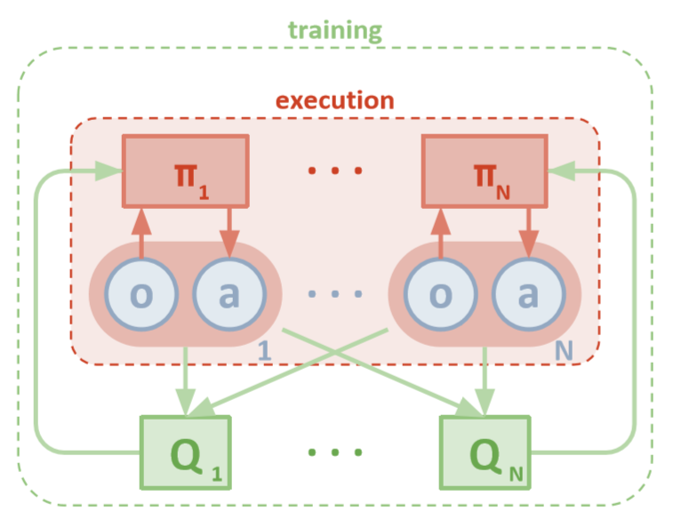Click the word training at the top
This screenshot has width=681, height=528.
point(335,30)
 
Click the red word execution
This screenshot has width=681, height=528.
point(335,100)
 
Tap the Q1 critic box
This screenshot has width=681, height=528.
point(185,452)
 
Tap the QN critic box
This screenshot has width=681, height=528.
point(484,452)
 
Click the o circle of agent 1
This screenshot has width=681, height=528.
point(141,295)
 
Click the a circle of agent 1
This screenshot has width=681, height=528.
point(228,295)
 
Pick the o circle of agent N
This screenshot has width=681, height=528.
point(440,295)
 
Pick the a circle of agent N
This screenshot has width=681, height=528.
point(527,295)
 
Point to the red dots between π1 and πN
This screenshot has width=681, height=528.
point(335,170)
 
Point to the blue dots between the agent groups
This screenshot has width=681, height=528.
point(335,295)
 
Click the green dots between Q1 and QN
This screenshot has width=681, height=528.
point(335,452)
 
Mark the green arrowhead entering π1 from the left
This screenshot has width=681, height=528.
point(110,169)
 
